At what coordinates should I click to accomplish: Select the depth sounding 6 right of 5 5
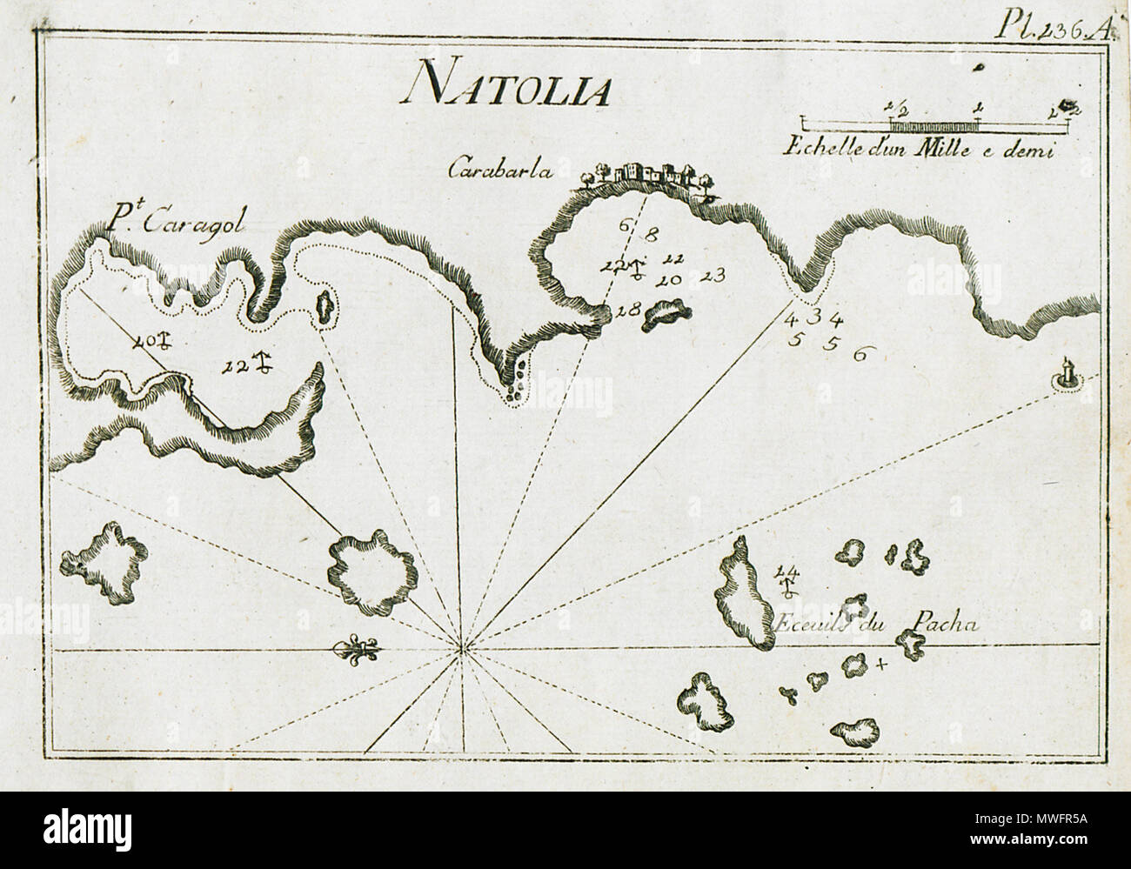[x=860, y=353]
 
